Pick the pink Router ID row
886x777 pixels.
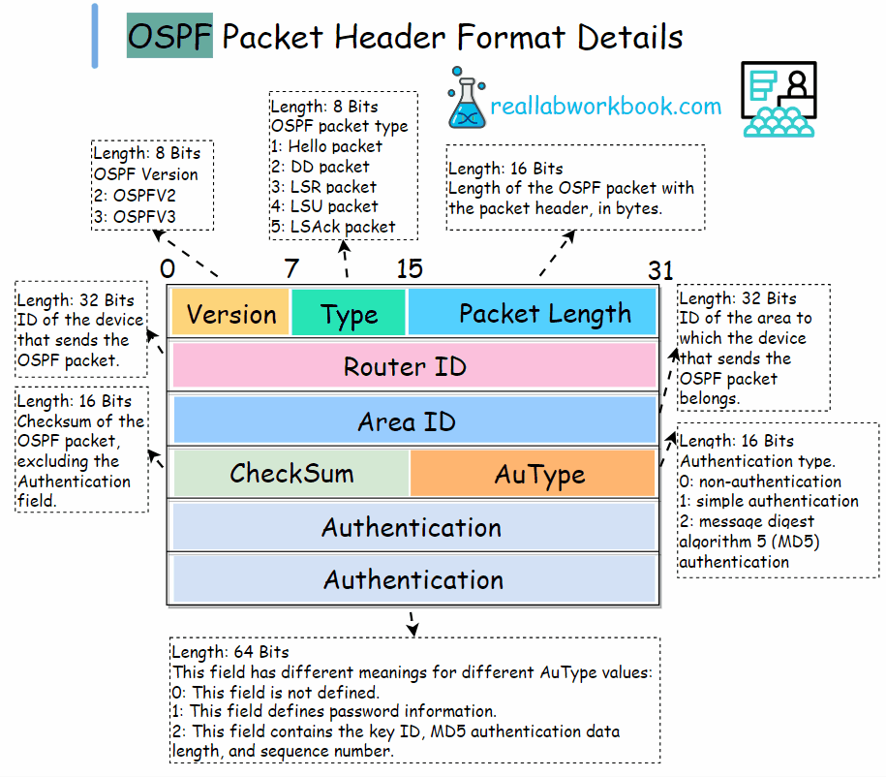point(413,366)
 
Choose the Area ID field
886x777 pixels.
point(413,421)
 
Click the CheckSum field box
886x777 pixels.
point(290,474)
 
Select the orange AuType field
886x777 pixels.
point(533,474)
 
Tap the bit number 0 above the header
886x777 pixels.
point(168,269)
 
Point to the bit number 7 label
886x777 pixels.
point(290,269)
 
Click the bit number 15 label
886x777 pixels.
point(409,269)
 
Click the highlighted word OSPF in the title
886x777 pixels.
point(169,37)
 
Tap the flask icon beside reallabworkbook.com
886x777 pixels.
point(466,99)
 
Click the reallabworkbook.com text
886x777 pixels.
point(605,107)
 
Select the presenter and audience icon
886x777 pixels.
point(779,99)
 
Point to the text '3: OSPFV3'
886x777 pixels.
point(135,215)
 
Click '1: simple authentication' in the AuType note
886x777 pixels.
point(769,501)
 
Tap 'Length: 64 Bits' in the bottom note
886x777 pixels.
point(229,652)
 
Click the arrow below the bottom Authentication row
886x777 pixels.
point(412,622)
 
